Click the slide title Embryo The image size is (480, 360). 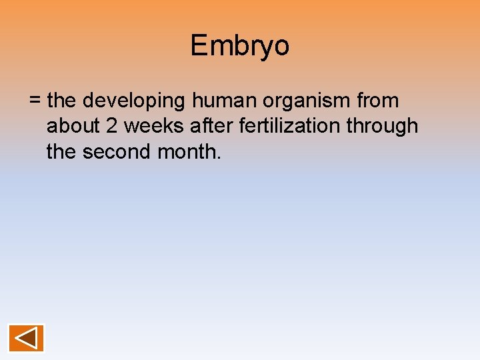coord(240,46)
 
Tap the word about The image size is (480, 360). coord(73,126)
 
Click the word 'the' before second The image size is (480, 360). coord(61,151)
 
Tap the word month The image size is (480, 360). coord(186,151)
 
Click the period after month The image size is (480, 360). coord(217,158)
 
